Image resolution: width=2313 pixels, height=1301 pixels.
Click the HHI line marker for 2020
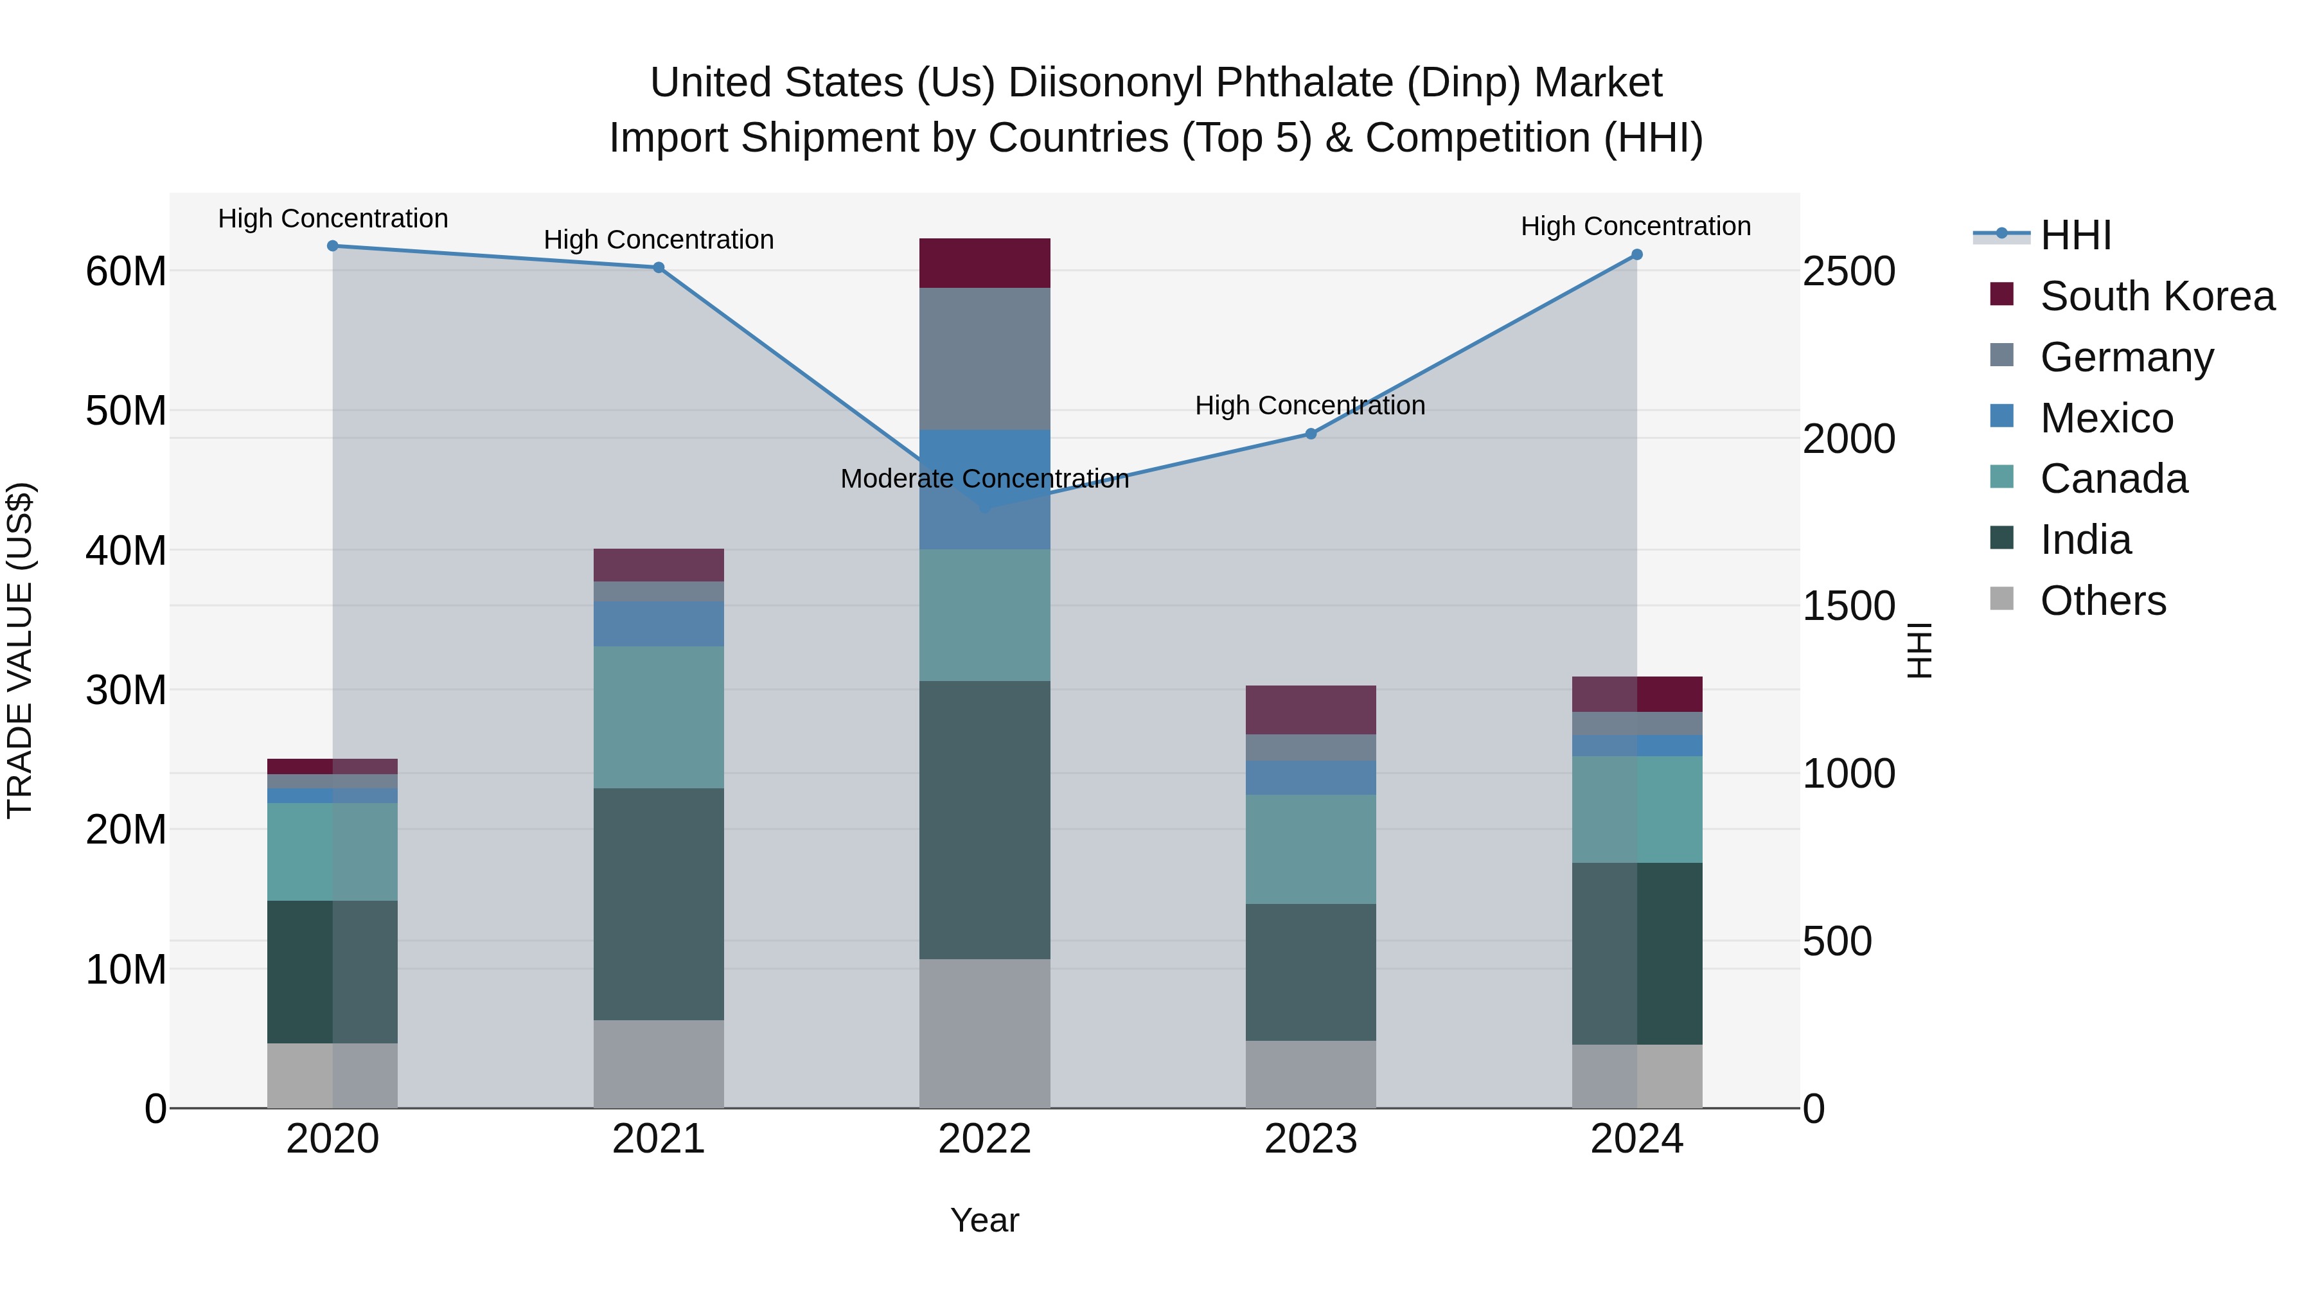[x=332, y=245]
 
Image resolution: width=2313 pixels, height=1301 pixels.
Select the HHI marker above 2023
[x=1310, y=434]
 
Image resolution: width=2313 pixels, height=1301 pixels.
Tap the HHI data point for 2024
[x=1636, y=255]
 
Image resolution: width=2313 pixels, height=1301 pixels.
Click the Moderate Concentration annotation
[x=984, y=479]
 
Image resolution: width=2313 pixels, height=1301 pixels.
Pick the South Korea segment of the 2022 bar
[x=984, y=263]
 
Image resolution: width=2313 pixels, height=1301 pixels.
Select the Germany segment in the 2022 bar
[x=984, y=358]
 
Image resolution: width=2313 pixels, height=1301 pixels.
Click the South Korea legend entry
[x=2157, y=296]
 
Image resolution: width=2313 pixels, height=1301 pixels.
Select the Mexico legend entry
[x=2107, y=418]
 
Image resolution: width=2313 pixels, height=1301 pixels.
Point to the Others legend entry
[x=2103, y=601]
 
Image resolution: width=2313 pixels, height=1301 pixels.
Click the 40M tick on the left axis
[x=126, y=551]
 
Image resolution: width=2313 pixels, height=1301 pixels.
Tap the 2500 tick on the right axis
[x=1848, y=271]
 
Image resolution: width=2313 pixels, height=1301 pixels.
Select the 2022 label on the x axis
[x=984, y=1139]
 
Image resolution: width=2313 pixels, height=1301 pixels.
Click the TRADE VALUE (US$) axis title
[x=21, y=650]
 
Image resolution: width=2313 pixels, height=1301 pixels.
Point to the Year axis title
[x=984, y=1220]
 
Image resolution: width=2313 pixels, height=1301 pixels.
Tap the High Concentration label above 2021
[x=658, y=240]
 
